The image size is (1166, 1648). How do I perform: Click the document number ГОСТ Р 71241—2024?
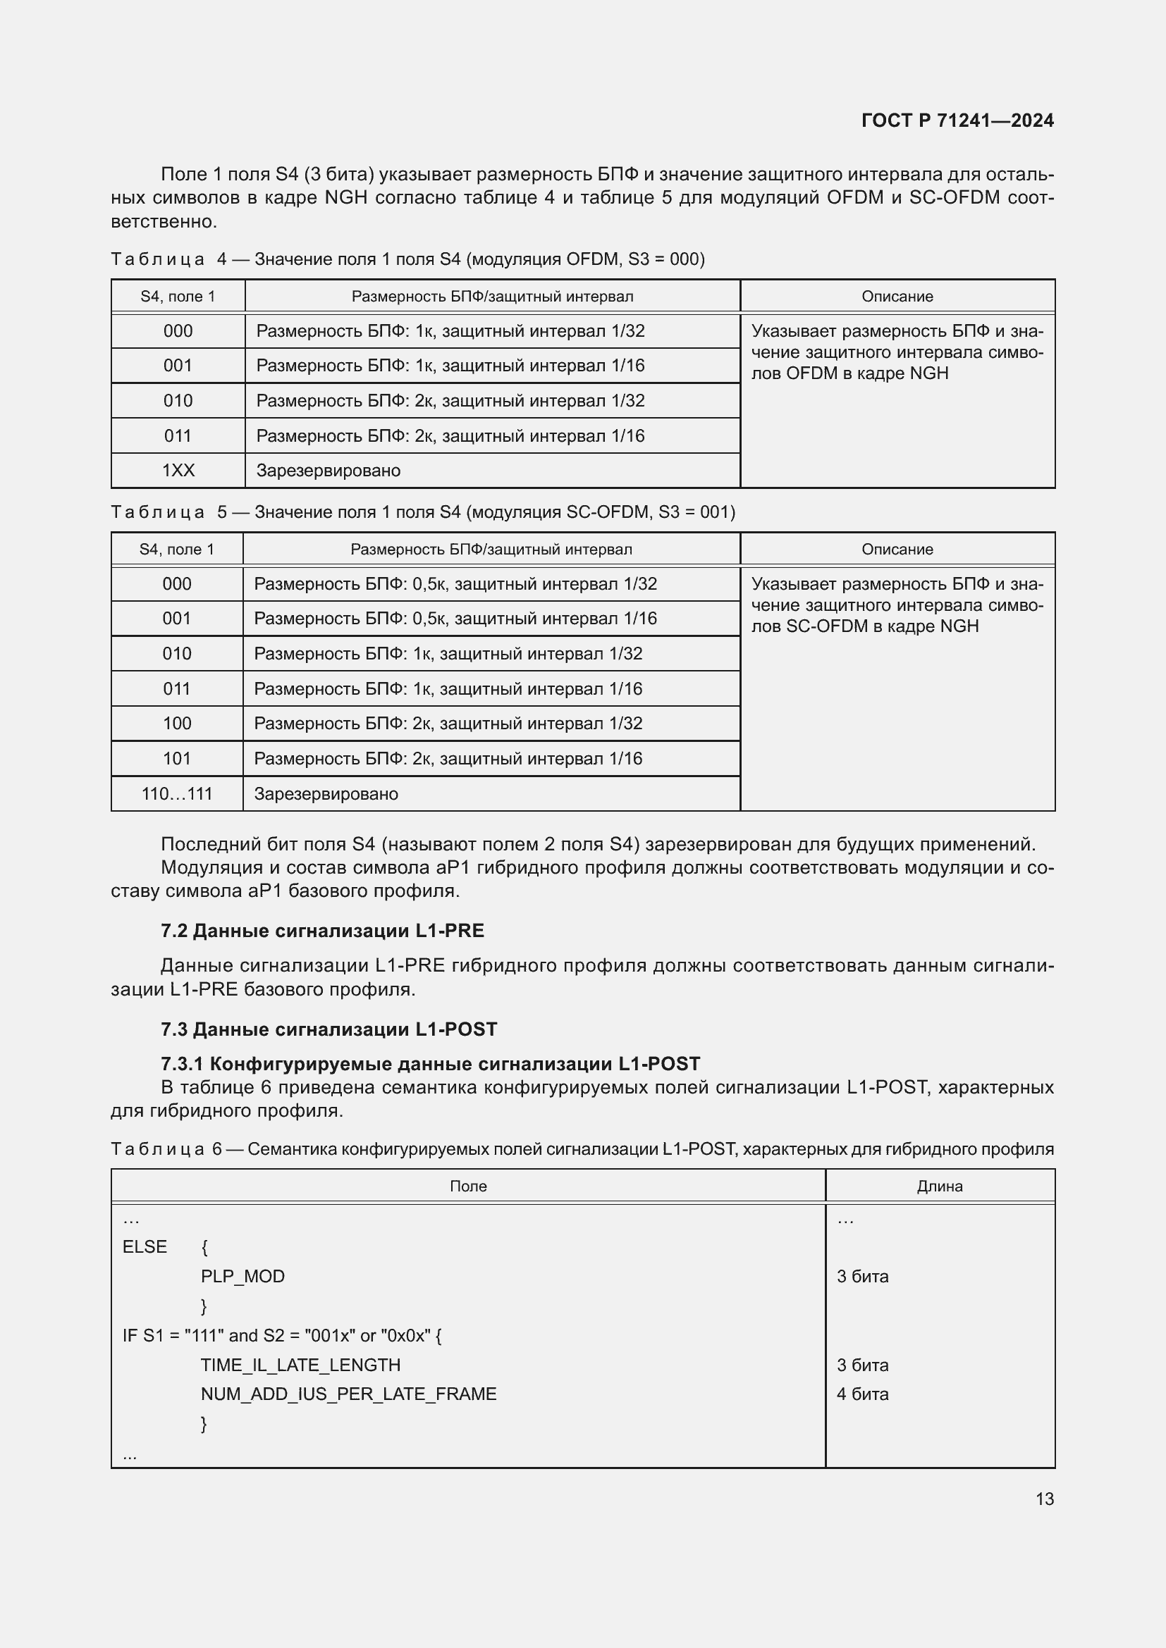(957, 120)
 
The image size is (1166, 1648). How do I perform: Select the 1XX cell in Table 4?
(178, 471)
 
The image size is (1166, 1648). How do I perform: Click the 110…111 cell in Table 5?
(177, 794)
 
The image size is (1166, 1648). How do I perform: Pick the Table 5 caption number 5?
(222, 512)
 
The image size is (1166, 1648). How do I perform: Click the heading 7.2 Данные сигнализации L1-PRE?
(322, 931)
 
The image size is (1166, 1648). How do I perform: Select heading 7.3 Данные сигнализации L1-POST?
(329, 1029)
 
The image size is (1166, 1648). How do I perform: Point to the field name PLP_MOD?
(243, 1276)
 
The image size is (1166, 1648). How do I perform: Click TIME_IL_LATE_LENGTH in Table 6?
(300, 1365)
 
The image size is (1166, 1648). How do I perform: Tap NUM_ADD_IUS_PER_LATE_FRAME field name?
(348, 1394)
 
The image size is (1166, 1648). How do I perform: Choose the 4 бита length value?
(862, 1394)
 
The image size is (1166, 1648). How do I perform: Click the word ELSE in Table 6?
(145, 1247)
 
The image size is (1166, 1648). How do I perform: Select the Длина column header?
(939, 1187)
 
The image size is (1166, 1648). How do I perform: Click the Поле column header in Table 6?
(468, 1187)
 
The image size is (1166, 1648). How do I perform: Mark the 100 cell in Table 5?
(177, 724)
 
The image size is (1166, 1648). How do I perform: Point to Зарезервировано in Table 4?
(328, 471)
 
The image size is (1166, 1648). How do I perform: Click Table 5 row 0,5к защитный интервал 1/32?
(455, 584)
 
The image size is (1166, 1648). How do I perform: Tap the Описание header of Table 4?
(897, 297)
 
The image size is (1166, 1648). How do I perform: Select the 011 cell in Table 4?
(178, 435)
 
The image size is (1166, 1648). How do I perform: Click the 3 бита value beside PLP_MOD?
(862, 1276)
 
